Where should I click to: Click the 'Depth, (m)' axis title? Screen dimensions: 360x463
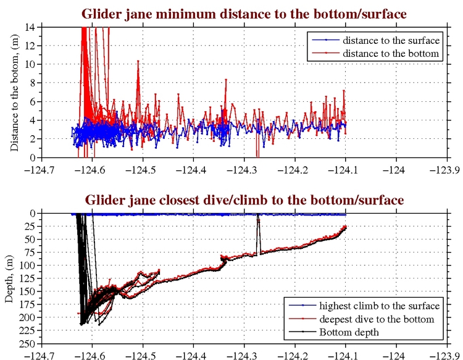pyautogui.click(x=10, y=278)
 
